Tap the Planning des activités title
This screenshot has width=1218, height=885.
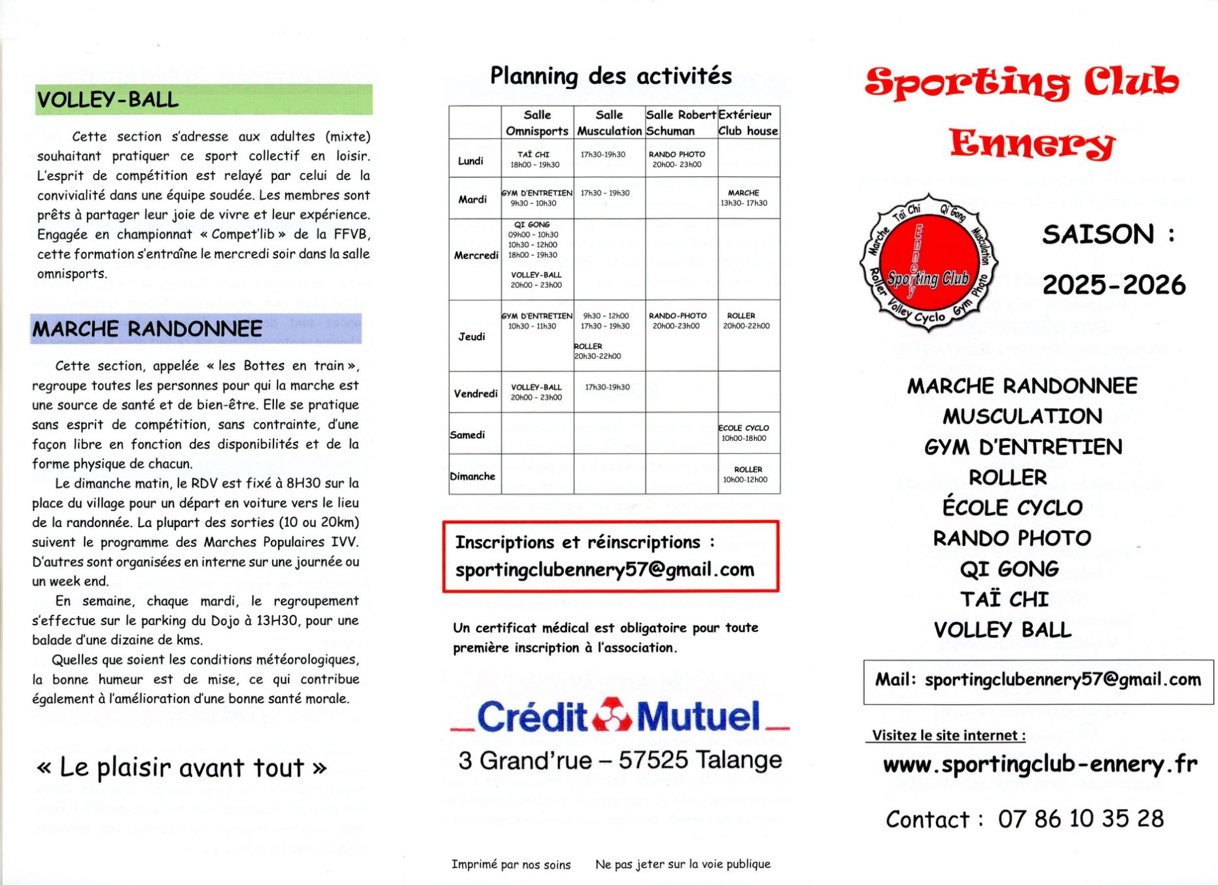pos(611,76)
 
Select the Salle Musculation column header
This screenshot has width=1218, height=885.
pos(609,123)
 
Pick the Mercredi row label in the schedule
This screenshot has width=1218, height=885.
pos(476,255)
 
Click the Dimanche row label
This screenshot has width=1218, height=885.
pos(472,476)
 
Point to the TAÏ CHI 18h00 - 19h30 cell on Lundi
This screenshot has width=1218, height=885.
pos(535,160)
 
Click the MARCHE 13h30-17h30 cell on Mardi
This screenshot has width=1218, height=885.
pos(744,198)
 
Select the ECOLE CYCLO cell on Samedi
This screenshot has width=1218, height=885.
pos(744,433)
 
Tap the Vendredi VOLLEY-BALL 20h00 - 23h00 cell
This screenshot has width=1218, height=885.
pos(536,392)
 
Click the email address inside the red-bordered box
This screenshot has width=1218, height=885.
pos(605,570)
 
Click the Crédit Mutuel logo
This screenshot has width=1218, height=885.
pos(619,716)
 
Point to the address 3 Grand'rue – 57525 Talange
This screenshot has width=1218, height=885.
pos(620,760)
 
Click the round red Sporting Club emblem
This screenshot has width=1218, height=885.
pos(928,262)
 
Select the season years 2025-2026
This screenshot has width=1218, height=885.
pos(1114,285)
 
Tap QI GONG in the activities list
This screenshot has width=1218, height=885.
pos(1009,569)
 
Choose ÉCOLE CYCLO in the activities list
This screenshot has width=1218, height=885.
pos(1012,508)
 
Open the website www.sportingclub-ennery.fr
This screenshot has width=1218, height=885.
pos(1040,764)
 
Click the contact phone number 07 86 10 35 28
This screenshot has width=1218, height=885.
pos(1081,819)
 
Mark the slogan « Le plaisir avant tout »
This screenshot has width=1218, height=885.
pos(181,767)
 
